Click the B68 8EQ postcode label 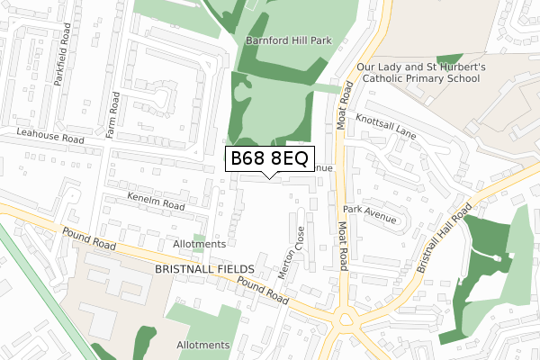(269, 159)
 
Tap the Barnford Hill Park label (284, 40)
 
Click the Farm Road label (113, 114)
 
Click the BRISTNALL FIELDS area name (205, 269)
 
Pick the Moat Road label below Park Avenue (342, 245)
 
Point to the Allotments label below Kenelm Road (199, 244)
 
